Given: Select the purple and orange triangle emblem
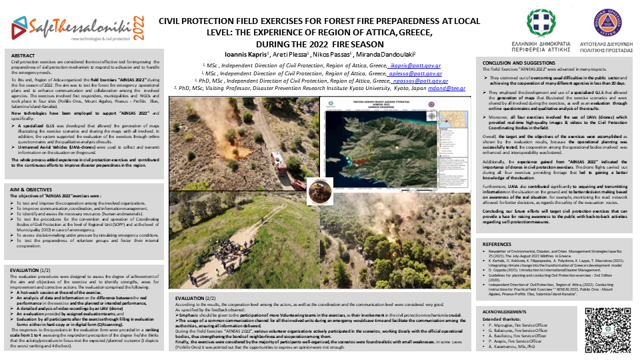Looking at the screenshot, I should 599,24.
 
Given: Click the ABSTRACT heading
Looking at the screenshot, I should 23,56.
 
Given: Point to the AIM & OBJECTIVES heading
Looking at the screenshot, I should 31,189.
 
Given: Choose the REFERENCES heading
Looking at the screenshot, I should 497,244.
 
